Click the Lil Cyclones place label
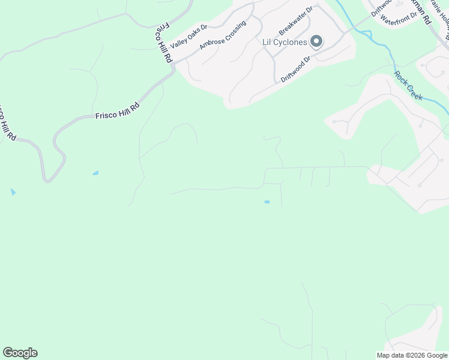coord(285,42)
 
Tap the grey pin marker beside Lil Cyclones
coord(316,41)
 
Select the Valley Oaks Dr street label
coord(188,37)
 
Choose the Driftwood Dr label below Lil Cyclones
coord(296,69)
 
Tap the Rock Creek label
coord(409,85)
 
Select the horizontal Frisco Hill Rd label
coord(117,111)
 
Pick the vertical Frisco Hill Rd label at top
coord(164,43)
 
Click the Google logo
coord(20,353)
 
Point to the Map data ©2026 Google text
coord(412,355)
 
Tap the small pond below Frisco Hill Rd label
coord(95,173)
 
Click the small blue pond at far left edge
coord(13,192)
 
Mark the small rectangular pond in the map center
coord(267,202)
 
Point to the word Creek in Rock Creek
coord(414,91)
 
